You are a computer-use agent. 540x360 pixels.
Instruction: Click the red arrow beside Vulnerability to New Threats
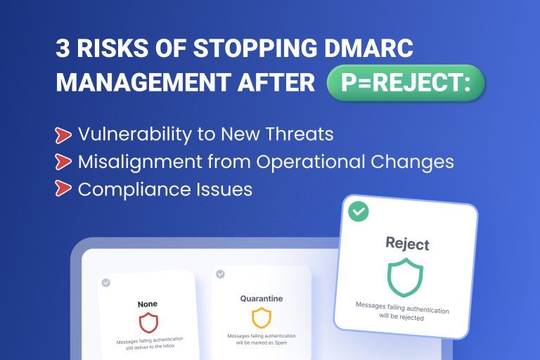63,134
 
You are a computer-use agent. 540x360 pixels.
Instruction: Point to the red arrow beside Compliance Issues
63,189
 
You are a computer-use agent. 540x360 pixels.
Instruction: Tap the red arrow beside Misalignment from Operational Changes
63,162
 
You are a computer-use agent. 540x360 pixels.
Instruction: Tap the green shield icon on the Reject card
406,276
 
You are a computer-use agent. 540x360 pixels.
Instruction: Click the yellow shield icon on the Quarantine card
261,317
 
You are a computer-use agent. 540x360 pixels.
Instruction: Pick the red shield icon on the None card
148,323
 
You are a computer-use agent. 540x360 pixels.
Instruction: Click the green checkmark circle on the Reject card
359,211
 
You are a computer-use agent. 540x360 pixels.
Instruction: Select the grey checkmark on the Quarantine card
220,274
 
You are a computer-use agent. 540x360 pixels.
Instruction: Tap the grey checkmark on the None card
106,283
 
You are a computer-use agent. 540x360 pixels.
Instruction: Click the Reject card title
407,244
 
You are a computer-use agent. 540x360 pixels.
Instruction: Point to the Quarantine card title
261,299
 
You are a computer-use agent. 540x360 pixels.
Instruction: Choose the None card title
148,304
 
